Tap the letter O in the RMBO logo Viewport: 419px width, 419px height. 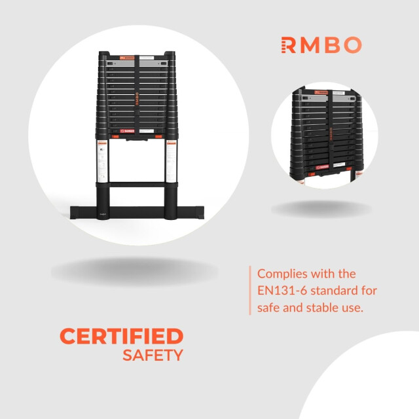click(x=352, y=45)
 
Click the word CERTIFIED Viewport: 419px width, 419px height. click(x=121, y=337)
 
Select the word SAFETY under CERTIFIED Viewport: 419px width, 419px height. click(x=153, y=355)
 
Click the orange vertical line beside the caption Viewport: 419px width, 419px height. click(x=250, y=290)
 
